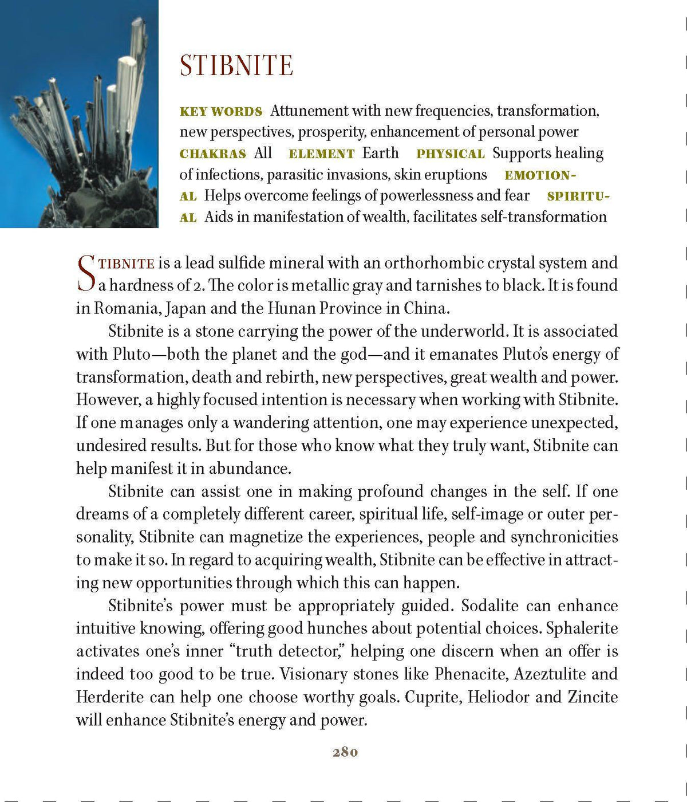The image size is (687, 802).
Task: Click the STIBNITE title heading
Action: (236, 66)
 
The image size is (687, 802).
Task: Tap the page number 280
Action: (345, 752)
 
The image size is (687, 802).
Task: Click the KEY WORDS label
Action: (221, 112)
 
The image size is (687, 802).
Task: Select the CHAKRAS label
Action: (212, 154)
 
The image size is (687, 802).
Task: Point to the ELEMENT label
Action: (322, 154)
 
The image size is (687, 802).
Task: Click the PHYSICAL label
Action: (450, 154)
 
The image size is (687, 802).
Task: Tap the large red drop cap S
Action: (86, 274)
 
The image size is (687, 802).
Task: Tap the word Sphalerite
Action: (582, 628)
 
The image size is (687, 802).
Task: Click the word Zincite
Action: (593, 697)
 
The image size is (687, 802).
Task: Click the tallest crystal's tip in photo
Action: (138, 21)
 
